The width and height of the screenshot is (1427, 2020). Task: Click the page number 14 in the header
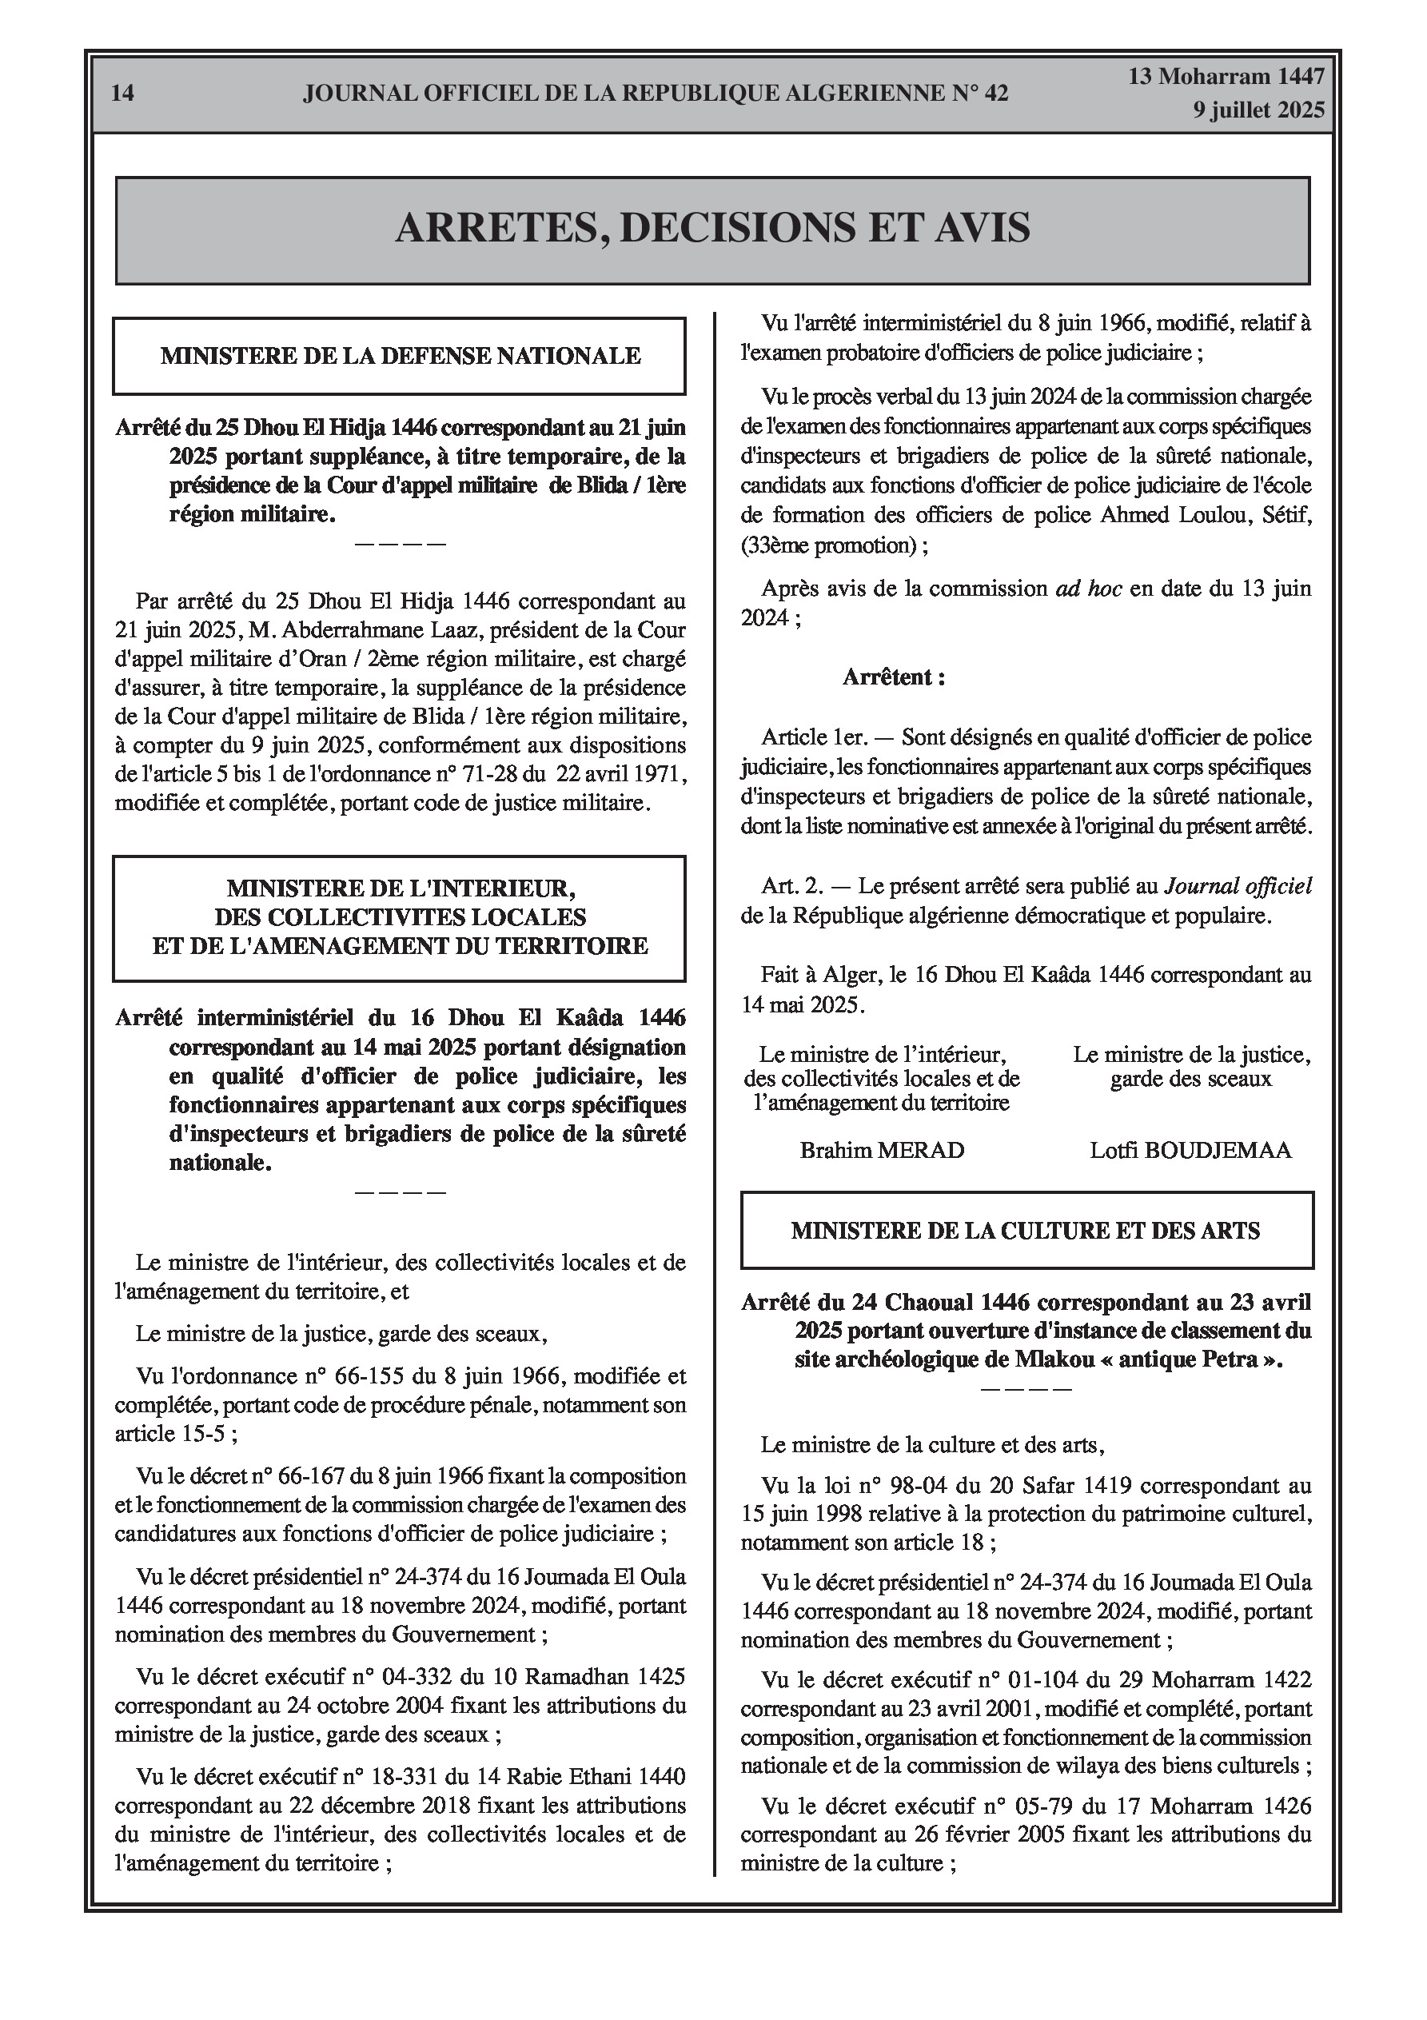point(123,94)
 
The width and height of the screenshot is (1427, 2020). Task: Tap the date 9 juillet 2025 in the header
point(1258,110)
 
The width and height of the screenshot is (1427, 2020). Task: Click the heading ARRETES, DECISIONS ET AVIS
point(712,228)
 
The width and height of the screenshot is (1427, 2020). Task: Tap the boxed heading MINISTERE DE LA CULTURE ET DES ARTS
point(1025,1230)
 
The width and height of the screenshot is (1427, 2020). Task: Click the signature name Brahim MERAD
point(882,1150)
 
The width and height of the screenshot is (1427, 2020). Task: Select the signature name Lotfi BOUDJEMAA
point(1190,1150)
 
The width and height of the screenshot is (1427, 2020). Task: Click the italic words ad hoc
point(1088,588)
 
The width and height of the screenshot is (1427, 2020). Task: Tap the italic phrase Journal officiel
point(1238,886)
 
